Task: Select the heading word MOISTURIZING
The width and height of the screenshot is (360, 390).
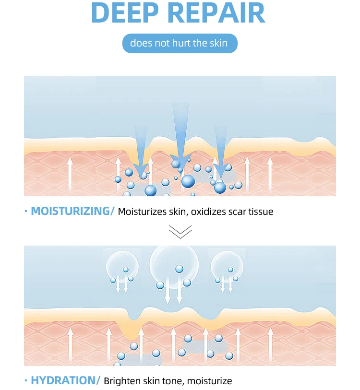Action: [71, 211]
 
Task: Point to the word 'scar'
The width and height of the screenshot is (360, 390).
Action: [239, 212]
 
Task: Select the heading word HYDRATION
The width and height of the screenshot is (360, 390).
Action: [63, 381]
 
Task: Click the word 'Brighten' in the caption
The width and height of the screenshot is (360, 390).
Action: [121, 381]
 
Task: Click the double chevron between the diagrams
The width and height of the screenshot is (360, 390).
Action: [180, 232]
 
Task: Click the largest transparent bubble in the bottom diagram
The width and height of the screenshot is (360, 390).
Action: [174, 268]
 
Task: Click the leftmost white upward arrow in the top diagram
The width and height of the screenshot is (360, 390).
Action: [70, 175]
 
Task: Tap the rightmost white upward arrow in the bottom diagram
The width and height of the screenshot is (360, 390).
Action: [270, 344]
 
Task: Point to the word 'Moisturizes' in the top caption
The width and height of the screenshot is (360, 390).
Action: [142, 212]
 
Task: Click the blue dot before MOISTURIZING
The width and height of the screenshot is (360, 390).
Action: [25, 211]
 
